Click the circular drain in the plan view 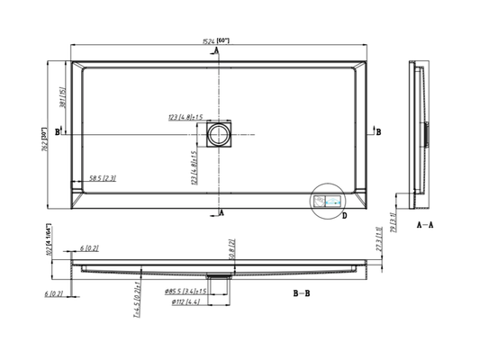(x=218, y=136)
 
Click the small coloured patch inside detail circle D (x=332, y=202)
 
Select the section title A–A (x=424, y=225)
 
